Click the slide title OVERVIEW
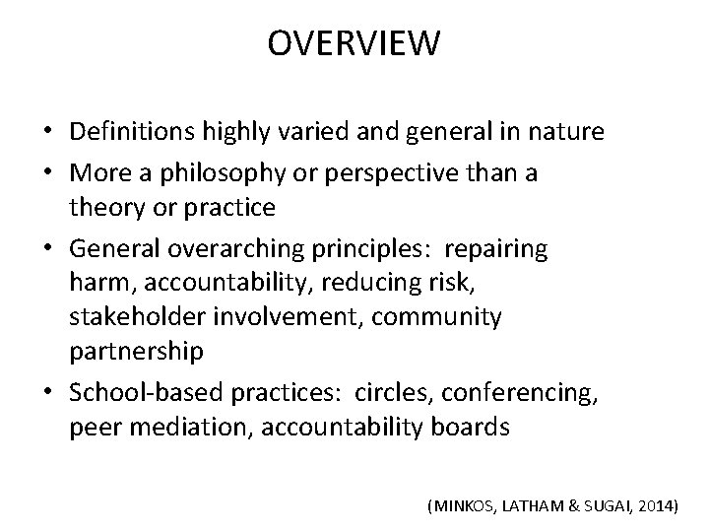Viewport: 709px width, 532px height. click(x=354, y=44)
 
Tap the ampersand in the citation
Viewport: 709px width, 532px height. click(x=570, y=505)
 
